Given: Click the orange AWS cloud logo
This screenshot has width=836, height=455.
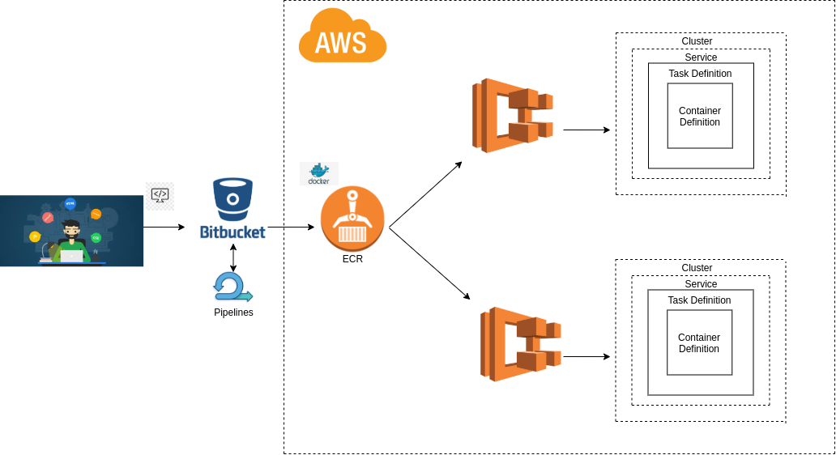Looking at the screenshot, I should [342, 36].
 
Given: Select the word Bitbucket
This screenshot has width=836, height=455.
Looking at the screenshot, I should [232, 232].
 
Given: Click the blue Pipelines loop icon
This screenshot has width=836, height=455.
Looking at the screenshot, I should [232, 287].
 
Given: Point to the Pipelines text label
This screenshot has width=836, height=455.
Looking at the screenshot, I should [233, 313].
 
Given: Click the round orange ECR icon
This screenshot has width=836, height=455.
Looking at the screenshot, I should [352, 219].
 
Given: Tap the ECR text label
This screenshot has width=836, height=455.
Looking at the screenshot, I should [352, 259].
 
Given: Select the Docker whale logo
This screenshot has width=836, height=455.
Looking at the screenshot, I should [318, 172].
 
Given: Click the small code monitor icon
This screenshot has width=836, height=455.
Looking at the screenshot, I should [160, 195].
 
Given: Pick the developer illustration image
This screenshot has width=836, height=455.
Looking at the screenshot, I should [71, 231].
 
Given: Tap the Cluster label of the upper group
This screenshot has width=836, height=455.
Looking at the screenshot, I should [697, 41].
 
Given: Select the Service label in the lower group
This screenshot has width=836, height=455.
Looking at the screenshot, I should [701, 284].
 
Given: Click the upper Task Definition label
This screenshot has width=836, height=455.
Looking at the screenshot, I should [700, 74].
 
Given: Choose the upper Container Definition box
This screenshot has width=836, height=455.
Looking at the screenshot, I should [700, 116].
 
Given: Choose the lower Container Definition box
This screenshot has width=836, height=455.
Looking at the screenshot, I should [699, 342].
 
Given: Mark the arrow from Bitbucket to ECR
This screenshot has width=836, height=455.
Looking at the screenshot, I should [291, 227].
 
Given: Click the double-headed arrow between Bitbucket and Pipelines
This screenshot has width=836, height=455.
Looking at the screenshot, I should [233, 257].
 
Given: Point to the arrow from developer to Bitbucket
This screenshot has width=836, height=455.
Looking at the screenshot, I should [164, 227].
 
